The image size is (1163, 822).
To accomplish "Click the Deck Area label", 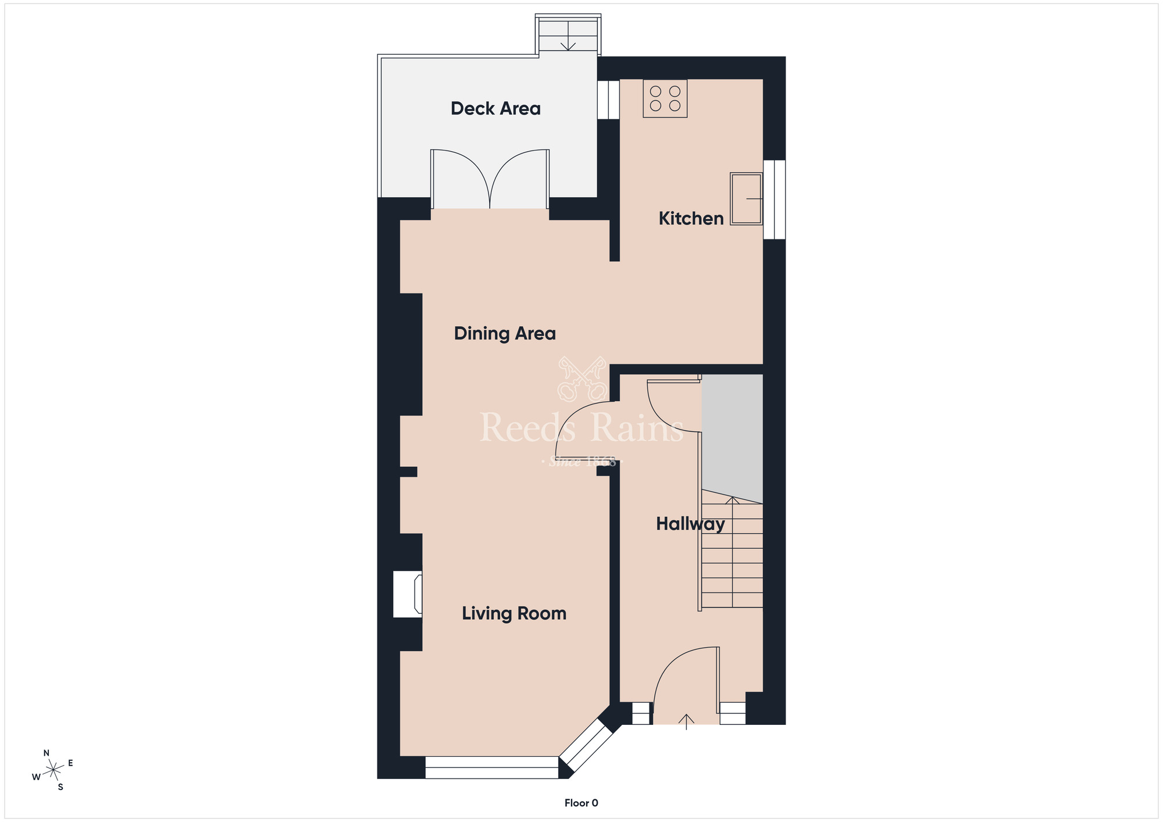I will tap(495, 109).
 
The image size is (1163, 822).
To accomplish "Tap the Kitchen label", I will tap(691, 219).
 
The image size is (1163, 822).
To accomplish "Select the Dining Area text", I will tap(505, 334).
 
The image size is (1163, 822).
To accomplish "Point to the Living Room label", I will tap(514, 613).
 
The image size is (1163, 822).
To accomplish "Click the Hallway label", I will tap(690, 524).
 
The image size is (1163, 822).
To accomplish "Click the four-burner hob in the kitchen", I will tap(665, 99).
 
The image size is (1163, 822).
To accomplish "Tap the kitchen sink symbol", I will tap(746, 199).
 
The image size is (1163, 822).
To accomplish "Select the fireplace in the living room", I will tap(408, 594).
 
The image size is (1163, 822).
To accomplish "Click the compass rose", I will tap(53, 770).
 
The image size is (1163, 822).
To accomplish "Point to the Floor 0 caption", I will tap(581, 803).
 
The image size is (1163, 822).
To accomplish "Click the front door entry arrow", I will tap(686, 721).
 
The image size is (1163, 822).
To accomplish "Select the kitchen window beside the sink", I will tap(774, 199).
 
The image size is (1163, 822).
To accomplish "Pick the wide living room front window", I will tap(491, 767).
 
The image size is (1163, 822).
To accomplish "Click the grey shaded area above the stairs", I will tap(732, 436).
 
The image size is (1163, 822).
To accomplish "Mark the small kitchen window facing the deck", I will tap(608, 99).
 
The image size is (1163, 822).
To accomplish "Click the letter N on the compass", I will tap(47, 753).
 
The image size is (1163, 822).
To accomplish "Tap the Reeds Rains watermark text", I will tap(581, 428).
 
